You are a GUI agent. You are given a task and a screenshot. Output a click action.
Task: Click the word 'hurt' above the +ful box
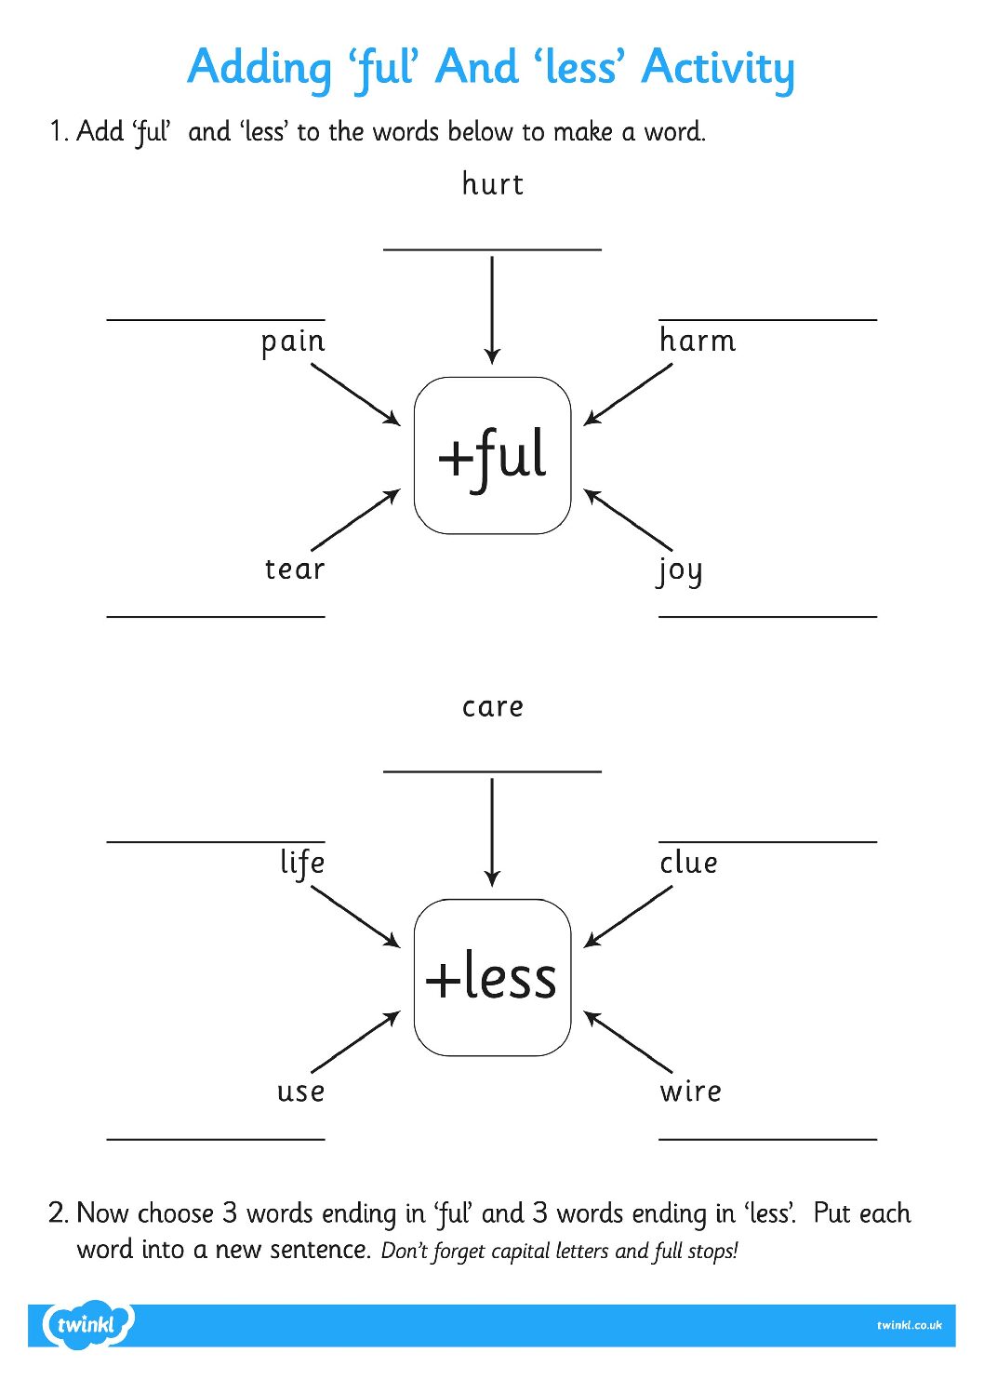click(492, 184)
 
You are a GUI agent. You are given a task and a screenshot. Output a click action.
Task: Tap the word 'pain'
click(293, 342)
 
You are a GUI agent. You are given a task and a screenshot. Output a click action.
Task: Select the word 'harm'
click(698, 341)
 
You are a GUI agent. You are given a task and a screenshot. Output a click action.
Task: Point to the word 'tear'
click(294, 569)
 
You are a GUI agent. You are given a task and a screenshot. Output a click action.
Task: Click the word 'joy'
click(680, 570)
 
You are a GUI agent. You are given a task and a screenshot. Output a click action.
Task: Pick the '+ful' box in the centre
click(492, 456)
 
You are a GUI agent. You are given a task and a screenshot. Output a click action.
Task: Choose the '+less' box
click(492, 977)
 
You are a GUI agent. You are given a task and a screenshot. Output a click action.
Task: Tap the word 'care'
click(492, 707)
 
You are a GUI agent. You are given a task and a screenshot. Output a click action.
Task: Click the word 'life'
click(302, 863)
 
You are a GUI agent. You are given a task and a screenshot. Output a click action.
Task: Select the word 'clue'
click(688, 863)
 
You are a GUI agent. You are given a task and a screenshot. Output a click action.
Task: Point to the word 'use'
click(300, 1091)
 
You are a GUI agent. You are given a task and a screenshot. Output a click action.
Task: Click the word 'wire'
click(690, 1091)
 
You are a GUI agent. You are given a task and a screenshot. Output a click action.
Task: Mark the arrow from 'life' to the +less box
click(355, 917)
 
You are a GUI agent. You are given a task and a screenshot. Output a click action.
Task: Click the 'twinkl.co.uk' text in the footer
click(909, 1325)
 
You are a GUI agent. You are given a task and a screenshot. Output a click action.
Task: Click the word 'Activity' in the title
click(718, 68)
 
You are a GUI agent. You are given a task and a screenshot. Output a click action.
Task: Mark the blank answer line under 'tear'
click(216, 616)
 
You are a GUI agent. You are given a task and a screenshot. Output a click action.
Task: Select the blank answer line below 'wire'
click(767, 1138)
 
